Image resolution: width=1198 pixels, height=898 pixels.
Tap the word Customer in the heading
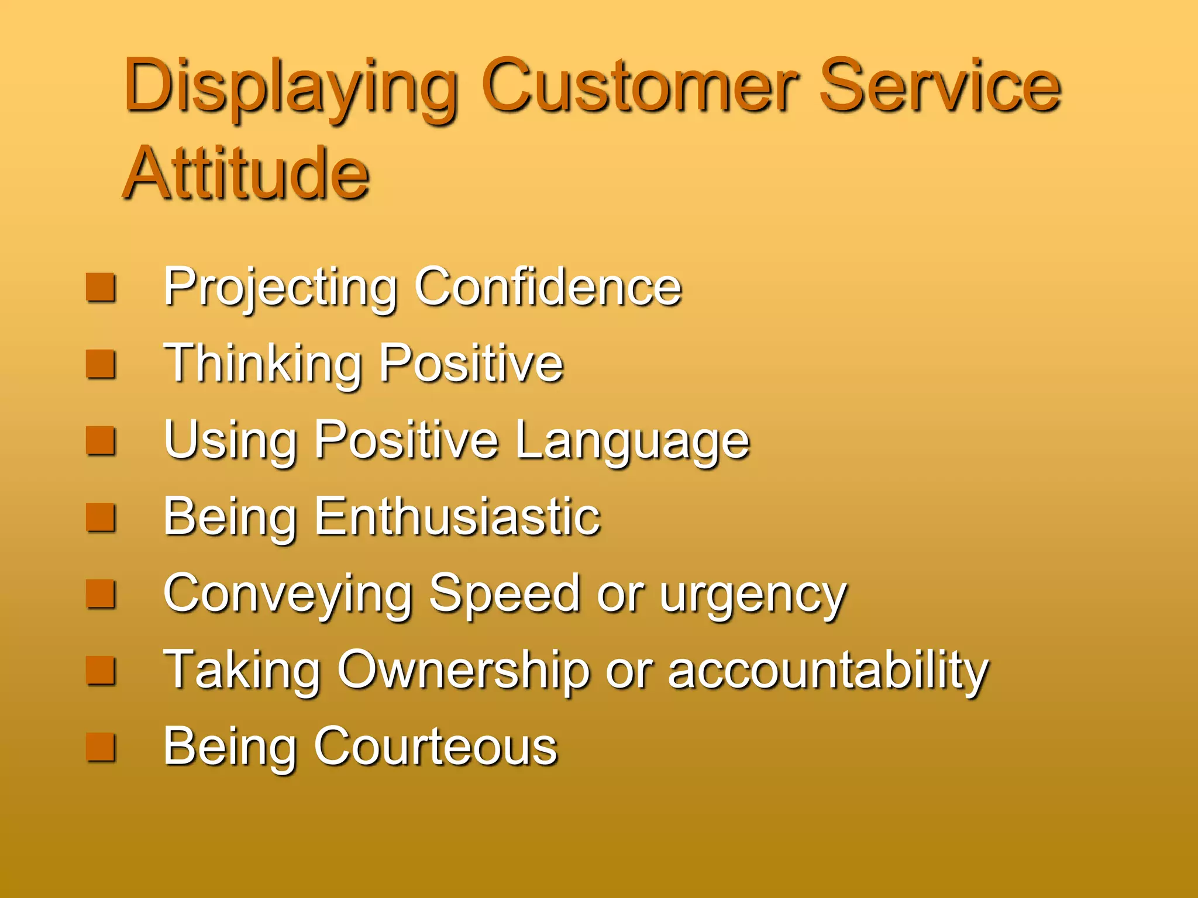coord(640,87)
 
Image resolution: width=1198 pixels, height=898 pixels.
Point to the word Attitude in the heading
coord(246,174)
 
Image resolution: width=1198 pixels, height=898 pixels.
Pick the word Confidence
coord(548,287)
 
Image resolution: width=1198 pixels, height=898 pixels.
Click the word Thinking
coord(262,364)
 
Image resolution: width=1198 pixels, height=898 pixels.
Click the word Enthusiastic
coord(457,517)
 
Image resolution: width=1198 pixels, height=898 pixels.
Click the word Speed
coord(504,595)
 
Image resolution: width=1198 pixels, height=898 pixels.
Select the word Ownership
coord(463,671)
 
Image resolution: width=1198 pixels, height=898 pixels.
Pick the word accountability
coord(828,671)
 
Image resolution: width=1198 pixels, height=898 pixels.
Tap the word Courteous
coord(436,747)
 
